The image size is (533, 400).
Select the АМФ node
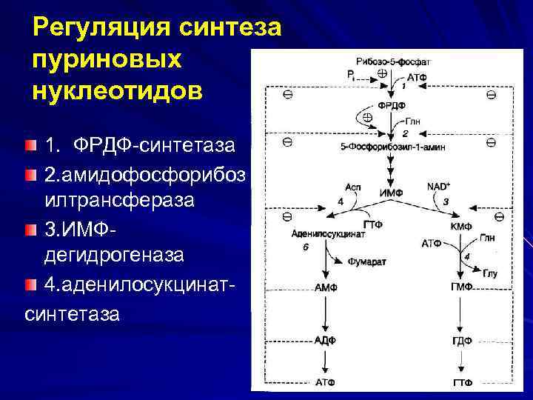click(x=326, y=287)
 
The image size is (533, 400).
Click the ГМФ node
click(x=461, y=287)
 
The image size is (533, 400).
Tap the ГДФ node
click(x=461, y=341)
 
